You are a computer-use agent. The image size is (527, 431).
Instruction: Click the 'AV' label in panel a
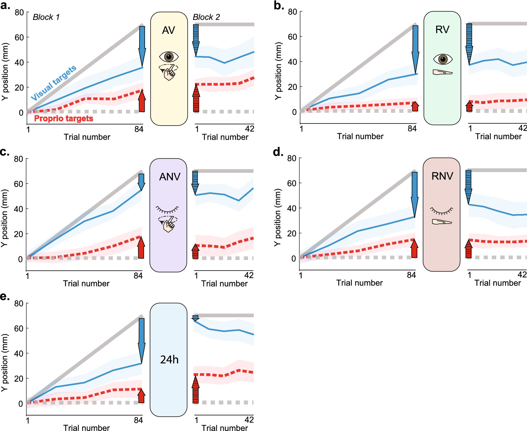point(169,30)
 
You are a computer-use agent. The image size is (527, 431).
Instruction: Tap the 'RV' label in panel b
point(442,30)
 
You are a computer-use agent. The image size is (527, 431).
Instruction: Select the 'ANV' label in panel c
point(169,176)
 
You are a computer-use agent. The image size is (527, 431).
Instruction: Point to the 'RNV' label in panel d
point(442,176)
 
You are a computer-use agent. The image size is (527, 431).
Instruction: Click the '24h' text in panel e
point(169,360)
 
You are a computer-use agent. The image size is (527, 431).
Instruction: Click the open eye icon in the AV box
point(169,57)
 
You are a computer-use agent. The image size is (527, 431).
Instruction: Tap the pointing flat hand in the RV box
point(442,72)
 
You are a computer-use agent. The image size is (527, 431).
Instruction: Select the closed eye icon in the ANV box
point(167,210)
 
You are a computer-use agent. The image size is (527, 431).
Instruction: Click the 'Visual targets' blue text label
point(54,82)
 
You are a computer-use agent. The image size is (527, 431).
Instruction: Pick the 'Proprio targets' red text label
point(64,118)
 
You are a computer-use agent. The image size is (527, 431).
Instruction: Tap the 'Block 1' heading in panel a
point(46,17)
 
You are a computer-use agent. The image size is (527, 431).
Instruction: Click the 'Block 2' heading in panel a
point(206,17)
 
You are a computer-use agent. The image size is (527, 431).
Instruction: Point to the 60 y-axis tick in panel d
point(292,183)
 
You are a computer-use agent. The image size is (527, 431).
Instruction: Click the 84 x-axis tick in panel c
point(138,276)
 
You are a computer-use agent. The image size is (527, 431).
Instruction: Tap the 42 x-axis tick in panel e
point(249,420)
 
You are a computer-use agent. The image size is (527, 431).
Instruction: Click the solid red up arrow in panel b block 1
point(415,106)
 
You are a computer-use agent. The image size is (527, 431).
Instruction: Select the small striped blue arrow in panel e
point(195,318)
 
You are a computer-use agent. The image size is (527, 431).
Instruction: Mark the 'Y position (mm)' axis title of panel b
point(278,71)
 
